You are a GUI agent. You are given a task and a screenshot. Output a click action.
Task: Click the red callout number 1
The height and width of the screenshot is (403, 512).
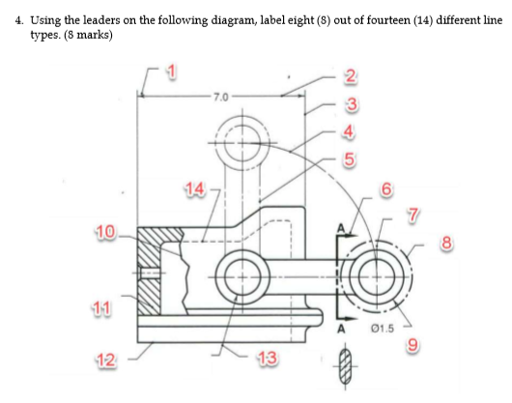[x=171, y=72]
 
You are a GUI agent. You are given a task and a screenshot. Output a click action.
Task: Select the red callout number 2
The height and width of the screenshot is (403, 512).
[x=351, y=76]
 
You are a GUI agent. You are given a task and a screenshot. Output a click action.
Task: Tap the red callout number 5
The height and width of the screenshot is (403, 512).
[x=350, y=159]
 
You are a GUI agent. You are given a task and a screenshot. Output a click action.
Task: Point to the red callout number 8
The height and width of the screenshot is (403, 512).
[x=446, y=243]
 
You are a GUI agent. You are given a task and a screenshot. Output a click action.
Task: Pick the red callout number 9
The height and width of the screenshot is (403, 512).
[x=412, y=345]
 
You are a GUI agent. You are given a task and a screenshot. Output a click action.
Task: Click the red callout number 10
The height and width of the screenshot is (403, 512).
[x=106, y=232]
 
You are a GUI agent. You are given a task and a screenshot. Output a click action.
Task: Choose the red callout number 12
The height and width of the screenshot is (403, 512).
[x=106, y=360]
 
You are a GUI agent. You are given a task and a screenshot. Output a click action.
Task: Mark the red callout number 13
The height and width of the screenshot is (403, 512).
[x=267, y=358]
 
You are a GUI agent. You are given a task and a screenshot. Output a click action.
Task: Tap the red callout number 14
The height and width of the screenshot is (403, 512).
[x=194, y=188]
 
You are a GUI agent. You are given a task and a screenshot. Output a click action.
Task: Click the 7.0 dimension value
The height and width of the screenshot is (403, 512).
[x=221, y=97]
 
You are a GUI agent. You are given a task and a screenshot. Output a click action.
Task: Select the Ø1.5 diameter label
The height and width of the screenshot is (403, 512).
[x=383, y=328]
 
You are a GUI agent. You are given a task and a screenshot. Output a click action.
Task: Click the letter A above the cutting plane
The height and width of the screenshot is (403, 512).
[x=341, y=228]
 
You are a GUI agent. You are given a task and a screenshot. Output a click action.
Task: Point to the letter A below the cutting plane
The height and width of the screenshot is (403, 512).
[x=341, y=330]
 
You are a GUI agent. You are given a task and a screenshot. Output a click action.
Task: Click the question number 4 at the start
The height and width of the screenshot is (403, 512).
[x=19, y=20]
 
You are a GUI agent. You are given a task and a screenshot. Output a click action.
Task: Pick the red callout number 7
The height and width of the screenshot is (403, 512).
[x=412, y=215]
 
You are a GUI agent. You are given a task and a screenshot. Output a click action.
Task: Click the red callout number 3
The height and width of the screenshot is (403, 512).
[x=352, y=104]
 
